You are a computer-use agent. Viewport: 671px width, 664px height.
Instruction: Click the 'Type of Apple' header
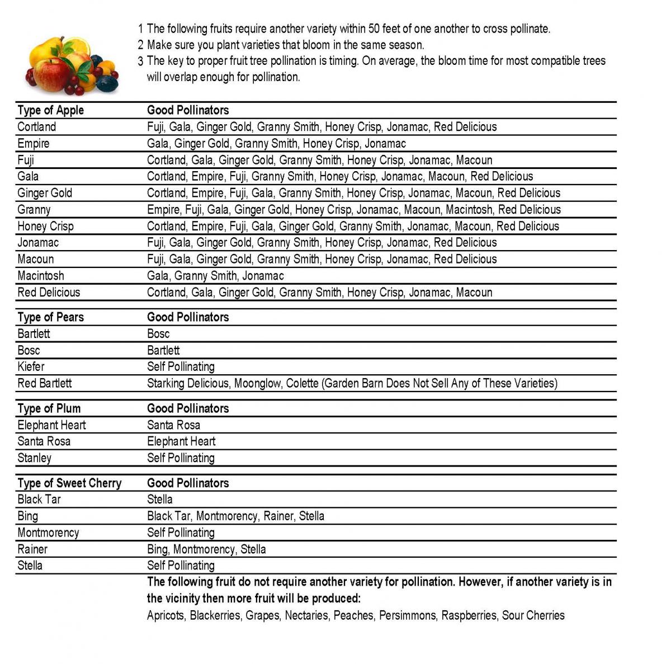point(50,110)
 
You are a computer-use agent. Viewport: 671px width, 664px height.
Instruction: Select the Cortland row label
point(36,127)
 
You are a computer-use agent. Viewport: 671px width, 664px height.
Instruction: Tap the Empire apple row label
point(33,144)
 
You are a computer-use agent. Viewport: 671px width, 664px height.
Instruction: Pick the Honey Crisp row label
point(45,227)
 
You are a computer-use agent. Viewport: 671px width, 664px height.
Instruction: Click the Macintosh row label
point(40,276)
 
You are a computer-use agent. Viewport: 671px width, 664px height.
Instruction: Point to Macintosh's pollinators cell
point(215,276)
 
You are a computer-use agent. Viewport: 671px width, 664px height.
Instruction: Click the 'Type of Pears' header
point(50,317)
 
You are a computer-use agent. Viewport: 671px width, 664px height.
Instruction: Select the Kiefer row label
point(31,367)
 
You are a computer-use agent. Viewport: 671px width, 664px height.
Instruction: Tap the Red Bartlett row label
point(45,384)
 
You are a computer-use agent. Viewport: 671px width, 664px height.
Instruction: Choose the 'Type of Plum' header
point(49,408)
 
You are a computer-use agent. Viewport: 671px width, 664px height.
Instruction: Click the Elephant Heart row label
point(51,425)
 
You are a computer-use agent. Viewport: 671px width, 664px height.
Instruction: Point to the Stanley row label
point(34,458)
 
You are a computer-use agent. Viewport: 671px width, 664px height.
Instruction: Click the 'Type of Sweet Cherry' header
point(69,483)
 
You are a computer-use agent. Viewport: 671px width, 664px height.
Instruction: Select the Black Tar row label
point(39,500)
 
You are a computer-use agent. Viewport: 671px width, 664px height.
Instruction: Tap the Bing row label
point(27,516)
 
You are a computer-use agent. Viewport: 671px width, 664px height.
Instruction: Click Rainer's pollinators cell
point(206,549)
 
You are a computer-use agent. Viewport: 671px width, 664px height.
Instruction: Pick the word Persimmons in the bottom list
point(407,616)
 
